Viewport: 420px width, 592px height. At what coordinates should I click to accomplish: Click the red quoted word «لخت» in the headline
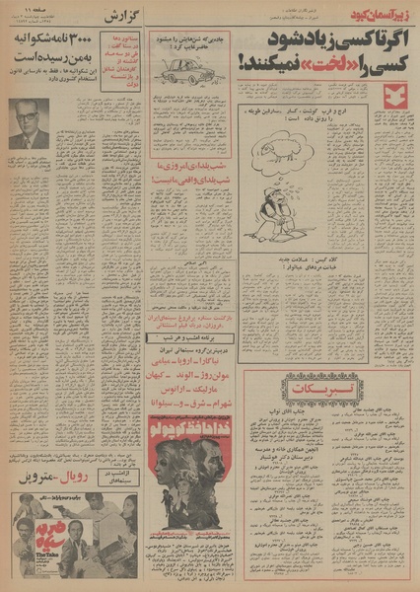tap(293, 67)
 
